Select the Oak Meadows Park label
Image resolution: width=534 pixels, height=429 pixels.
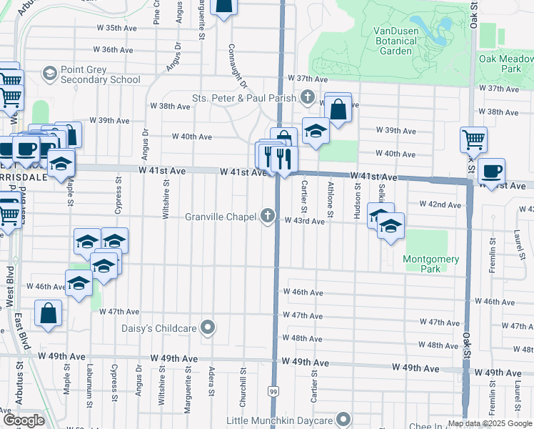506,64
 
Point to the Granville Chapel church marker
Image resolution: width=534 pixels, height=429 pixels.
268,216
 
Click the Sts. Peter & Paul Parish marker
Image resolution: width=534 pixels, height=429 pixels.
308,97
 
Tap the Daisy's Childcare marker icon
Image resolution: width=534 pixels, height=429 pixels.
208,327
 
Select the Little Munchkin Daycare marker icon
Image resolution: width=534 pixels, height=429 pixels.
344,420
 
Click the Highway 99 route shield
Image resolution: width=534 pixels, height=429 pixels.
273,391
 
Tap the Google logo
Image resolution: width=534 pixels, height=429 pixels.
23,420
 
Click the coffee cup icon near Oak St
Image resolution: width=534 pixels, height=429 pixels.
491,172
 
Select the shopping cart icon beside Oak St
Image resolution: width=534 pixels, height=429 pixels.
473,139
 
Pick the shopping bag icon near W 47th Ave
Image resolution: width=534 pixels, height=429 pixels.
48,313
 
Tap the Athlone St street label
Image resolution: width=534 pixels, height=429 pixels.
330,199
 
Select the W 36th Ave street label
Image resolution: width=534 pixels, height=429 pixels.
114,50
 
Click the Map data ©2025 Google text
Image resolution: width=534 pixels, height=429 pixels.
489,423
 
